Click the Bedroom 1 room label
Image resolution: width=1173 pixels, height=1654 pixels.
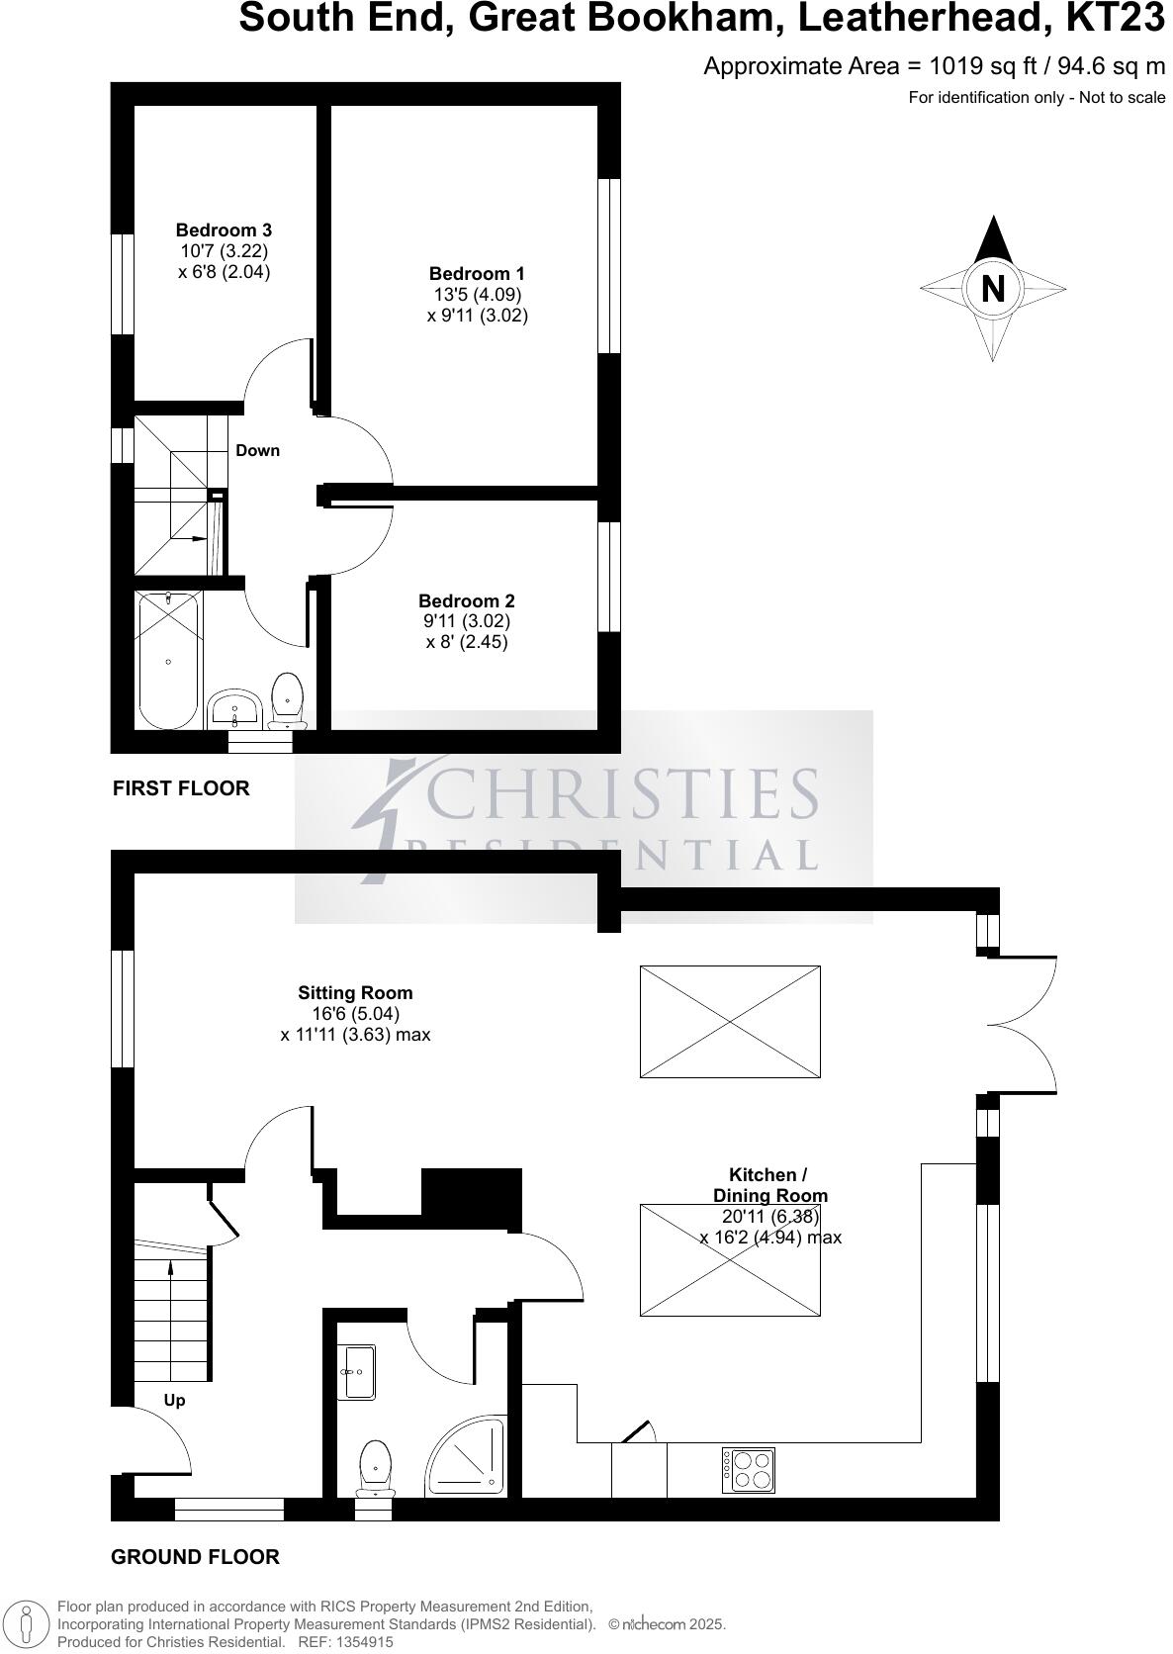tap(477, 274)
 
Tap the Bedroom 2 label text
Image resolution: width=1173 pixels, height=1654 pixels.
tap(466, 600)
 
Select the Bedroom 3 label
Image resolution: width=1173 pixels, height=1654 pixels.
tap(224, 230)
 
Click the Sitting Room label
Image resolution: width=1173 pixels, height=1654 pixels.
tap(355, 992)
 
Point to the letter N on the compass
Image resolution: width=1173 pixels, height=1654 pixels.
tap(993, 289)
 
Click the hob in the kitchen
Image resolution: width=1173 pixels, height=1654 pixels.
tap(749, 1470)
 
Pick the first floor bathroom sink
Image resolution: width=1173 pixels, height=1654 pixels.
tap(234, 708)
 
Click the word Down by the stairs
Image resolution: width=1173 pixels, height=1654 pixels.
tap(257, 450)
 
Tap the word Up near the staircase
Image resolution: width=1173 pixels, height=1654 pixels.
tap(174, 1400)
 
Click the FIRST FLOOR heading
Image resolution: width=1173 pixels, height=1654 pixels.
tap(181, 788)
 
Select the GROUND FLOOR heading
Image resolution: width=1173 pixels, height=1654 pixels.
tap(195, 1557)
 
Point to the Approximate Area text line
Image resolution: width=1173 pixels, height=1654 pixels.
tap(934, 66)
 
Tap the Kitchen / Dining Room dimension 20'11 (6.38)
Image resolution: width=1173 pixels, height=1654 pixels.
tap(769, 1217)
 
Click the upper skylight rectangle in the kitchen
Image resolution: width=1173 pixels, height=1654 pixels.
tap(730, 1021)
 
